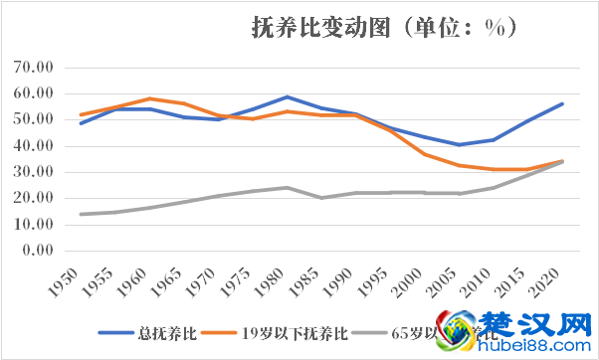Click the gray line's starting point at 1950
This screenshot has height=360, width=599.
pyautogui.click(x=82, y=214)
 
